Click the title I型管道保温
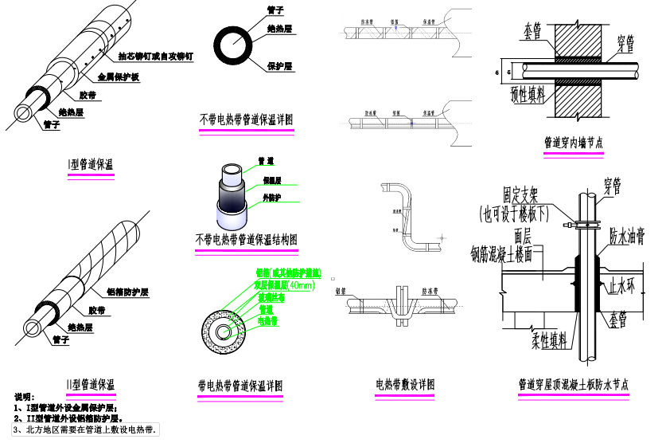[x=92, y=165]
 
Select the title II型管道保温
[x=91, y=384]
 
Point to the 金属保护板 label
[x=119, y=77]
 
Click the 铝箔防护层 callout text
[x=127, y=292]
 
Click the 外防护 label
[x=271, y=197]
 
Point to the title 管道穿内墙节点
[x=573, y=143]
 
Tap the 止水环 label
[x=623, y=285]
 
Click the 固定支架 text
[x=523, y=196]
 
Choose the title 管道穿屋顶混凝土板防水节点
[x=573, y=384]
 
